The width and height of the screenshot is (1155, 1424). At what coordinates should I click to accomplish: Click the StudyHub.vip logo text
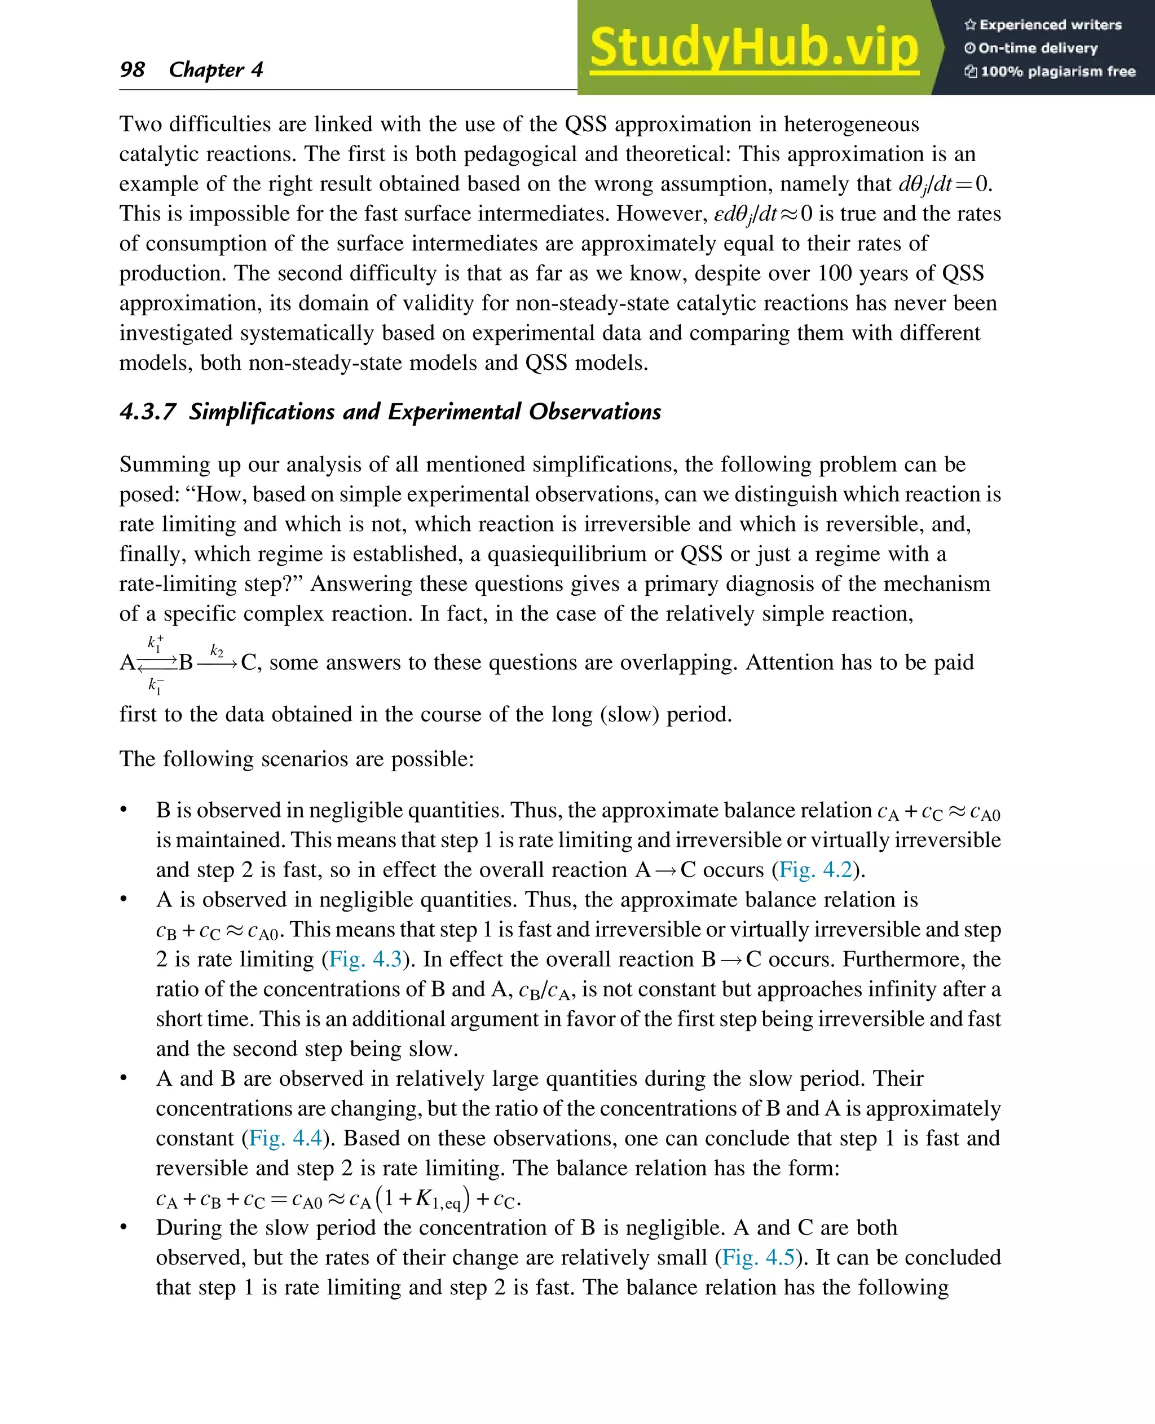point(754,48)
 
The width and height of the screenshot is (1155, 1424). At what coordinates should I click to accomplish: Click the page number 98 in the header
point(132,69)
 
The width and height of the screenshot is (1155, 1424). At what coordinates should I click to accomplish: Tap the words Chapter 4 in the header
point(215,69)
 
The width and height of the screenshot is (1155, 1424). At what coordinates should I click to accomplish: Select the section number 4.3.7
point(148,412)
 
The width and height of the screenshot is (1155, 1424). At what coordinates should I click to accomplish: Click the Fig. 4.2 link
point(815,869)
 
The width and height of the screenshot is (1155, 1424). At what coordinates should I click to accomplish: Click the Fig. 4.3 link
point(365,958)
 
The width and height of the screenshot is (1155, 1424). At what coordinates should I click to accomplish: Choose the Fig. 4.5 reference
point(758,1257)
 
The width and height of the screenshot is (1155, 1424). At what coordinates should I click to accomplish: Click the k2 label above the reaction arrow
point(217,650)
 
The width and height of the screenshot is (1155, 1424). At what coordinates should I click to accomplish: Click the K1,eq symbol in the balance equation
point(437,1199)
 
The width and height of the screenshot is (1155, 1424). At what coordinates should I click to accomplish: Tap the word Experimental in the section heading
point(454,412)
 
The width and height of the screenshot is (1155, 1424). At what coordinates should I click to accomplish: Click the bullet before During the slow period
point(123,1227)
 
